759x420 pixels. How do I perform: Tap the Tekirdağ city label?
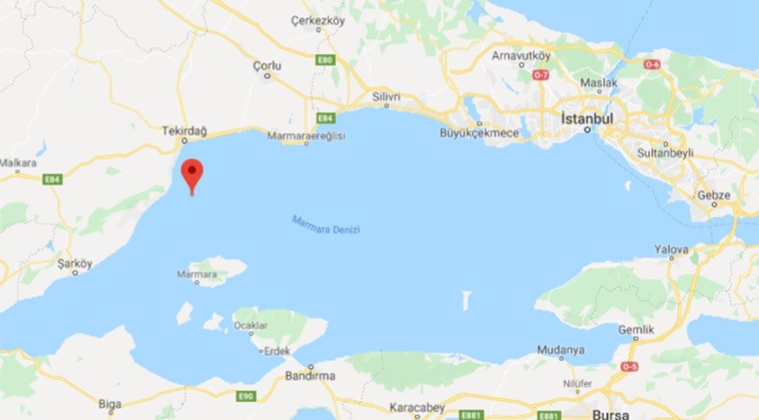(185, 130)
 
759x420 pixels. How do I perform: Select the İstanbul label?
(586, 117)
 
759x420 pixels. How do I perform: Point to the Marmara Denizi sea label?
(325, 225)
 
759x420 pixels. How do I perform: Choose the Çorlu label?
(267, 66)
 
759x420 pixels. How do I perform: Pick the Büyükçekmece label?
(480, 132)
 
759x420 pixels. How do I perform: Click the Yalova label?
(671, 249)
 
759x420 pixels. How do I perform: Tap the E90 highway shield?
(246, 396)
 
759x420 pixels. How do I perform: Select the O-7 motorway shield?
(541, 75)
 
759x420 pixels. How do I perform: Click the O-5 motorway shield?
(630, 366)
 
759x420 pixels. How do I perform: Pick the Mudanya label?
(560, 350)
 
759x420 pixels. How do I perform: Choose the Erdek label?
(276, 351)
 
